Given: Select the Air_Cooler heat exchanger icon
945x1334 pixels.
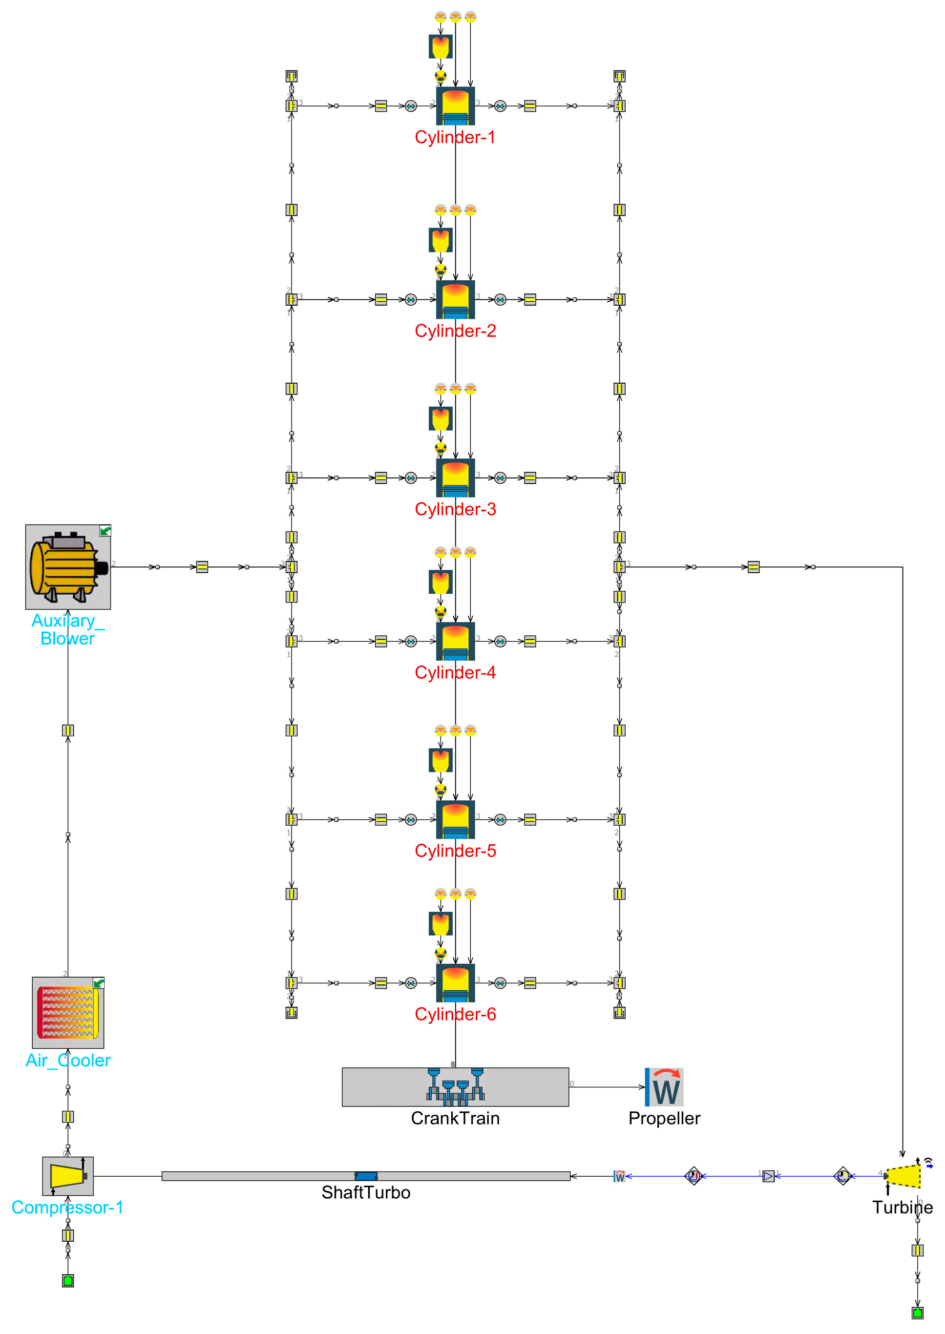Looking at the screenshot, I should (67, 1013).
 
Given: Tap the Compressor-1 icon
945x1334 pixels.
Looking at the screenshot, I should (67, 1176).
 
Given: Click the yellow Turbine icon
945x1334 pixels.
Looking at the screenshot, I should (903, 1176).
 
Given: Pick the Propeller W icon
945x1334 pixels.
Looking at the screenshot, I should (664, 1087).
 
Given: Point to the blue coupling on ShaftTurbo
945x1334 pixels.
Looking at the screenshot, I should (366, 1176).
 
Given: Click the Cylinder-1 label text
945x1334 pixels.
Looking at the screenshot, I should (455, 137).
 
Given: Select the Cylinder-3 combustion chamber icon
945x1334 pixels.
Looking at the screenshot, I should (455, 478).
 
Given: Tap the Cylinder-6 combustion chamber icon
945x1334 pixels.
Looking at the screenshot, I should (455, 982).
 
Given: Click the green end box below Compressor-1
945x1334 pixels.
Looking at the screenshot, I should (67, 1280).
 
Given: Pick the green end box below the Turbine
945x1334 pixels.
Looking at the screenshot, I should (918, 1313).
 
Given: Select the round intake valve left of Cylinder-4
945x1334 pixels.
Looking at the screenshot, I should (411, 641).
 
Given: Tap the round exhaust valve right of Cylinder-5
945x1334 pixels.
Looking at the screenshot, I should (501, 820).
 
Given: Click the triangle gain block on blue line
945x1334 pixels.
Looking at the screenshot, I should (768, 1176).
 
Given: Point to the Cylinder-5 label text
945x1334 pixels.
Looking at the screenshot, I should (455, 851).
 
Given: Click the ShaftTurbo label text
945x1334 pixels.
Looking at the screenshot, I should (366, 1192).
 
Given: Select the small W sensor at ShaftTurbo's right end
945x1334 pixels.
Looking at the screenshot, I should (619, 1176).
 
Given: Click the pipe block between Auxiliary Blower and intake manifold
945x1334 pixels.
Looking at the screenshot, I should (202, 566).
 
